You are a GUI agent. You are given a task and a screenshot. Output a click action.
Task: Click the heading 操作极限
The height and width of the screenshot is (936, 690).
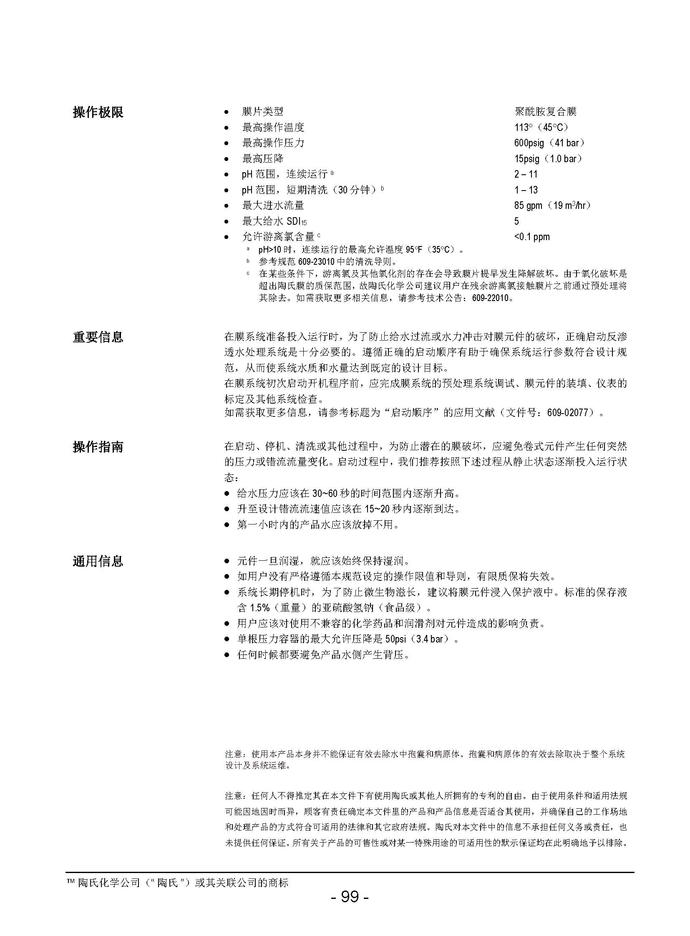coord(98,112)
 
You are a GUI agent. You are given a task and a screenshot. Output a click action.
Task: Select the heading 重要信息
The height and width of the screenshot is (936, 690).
coord(98,337)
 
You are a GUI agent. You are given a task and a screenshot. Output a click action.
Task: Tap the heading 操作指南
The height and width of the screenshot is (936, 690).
coord(98,447)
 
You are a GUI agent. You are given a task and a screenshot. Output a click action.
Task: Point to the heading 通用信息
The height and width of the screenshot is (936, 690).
coord(98,561)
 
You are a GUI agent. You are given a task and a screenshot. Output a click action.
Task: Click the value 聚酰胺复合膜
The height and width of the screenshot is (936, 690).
coord(546,111)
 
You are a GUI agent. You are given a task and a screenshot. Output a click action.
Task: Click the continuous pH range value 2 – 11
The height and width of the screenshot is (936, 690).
coord(526,174)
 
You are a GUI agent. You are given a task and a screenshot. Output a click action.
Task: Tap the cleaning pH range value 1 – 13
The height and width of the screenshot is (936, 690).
coord(526,190)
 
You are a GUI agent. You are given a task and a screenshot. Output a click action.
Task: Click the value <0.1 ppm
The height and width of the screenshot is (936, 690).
coord(532,237)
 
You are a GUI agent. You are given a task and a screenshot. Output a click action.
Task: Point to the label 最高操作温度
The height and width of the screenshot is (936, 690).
coord(273,127)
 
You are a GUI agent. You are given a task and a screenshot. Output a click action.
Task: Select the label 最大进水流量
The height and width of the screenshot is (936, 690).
coord(273,206)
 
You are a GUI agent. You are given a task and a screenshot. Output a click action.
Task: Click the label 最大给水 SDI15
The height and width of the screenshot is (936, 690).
coord(274,221)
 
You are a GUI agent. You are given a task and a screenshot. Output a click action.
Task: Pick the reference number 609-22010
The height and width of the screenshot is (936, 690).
coord(491,299)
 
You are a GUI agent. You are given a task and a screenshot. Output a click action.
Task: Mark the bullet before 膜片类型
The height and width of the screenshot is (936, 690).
coord(227,112)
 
